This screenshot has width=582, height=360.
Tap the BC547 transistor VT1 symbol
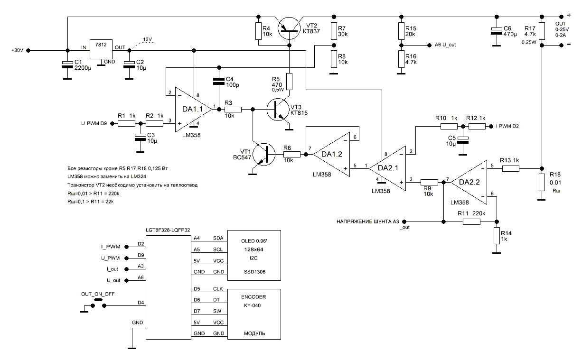point(264,155)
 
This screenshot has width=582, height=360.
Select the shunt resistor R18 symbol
point(541,182)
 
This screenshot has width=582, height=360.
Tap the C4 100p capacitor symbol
point(218,81)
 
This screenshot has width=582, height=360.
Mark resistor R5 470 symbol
point(290,82)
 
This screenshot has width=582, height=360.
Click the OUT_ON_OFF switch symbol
point(99,304)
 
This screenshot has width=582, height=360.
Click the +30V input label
point(17,49)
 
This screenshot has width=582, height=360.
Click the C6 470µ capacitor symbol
point(496,31)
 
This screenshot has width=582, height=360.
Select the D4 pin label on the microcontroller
point(141,303)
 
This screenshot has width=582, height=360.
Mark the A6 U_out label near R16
point(445,45)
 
